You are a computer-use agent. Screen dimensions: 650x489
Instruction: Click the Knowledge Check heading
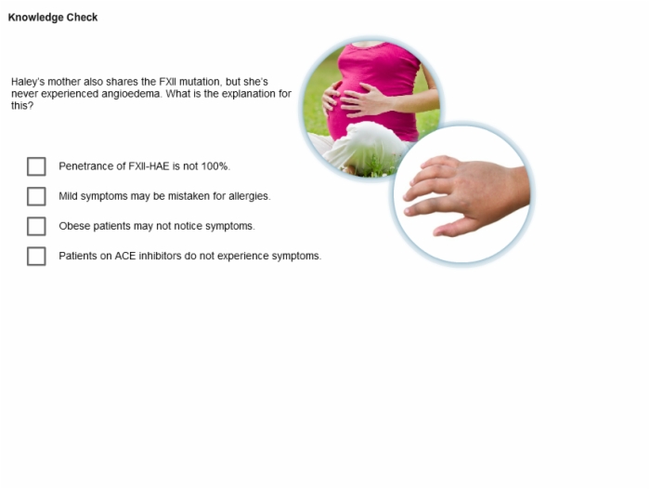53,18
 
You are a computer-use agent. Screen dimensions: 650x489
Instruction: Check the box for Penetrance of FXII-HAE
36,166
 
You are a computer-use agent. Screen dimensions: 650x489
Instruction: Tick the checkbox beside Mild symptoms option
36,196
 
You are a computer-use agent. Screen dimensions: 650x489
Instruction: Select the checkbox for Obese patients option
36,226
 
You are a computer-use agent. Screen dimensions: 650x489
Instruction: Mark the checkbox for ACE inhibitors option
36,257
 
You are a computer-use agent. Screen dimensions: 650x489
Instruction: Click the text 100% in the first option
215,166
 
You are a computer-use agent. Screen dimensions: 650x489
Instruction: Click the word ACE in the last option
125,257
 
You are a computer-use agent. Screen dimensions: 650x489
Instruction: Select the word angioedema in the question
132,94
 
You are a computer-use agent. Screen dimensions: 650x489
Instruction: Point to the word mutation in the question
201,82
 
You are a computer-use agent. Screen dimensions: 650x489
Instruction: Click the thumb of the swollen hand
454,227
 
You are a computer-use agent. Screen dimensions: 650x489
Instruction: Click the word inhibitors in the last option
160,257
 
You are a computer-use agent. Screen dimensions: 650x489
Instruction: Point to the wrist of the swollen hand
519,187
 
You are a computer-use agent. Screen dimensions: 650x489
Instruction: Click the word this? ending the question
22,106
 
